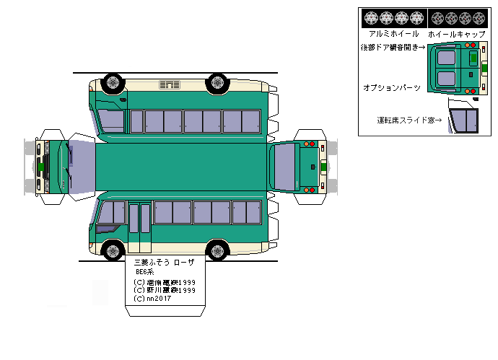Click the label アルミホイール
pyautogui.click(x=393, y=34)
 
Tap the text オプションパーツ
pyautogui.click(x=392, y=87)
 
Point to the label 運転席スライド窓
pyautogui.click(x=409, y=120)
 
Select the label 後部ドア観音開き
pyautogui.click(x=393, y=47)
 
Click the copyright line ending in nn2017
pyautogui.click(x=152, y=299)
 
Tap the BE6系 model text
pyautogui.click(x=146, y=272)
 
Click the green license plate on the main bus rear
pyautogui.click(x=323, y=167)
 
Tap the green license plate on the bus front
pyautogui.click(x=41, y=167)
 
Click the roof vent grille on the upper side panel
pyautogui.click(x=170, y=86)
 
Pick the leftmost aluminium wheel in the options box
pyautogui.click(x=372, y=17)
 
